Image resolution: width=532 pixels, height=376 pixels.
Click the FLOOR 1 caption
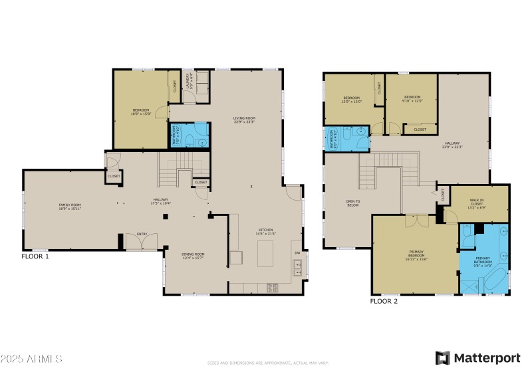tap(35, 256)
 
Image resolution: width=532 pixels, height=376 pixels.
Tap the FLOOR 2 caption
tap(383, 301)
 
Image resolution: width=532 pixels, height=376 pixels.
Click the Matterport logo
tap(477, 358)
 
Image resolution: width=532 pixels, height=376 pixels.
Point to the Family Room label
tap(70, 207)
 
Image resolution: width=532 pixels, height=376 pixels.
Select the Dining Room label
tap(193, 256)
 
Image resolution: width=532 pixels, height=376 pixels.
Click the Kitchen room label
tap(266, 233)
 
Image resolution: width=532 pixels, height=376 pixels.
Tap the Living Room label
tap(245, 120)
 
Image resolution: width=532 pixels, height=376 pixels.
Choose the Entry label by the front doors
tap(142, 234)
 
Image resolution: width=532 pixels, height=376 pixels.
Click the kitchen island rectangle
tap(266, 253)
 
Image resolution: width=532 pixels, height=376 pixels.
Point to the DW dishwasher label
tap(297, 252)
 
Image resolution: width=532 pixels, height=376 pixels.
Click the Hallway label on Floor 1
tap(160, 201)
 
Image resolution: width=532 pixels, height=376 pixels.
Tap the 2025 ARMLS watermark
tap(31, 359)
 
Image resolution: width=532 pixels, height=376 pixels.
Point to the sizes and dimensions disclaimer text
tap(268, 363)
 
